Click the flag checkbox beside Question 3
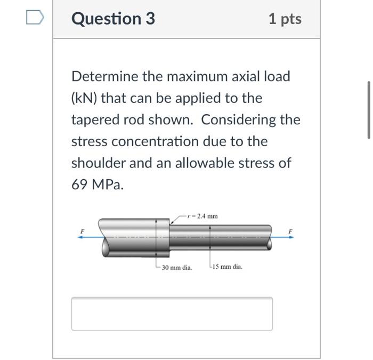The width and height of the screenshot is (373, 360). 33,18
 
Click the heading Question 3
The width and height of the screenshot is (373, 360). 113,19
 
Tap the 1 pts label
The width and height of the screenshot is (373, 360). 285,19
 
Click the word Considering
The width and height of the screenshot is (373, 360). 241,121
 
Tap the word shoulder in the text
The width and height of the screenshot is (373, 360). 98,163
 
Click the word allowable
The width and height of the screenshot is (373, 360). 203,163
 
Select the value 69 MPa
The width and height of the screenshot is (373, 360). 97,185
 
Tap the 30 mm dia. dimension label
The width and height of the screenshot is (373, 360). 177,267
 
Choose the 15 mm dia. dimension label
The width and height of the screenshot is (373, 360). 228,267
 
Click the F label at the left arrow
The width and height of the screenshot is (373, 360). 83,230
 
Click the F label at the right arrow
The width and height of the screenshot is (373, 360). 290,230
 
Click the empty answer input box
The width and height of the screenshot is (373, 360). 172,314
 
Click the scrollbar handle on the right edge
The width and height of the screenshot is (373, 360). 368,110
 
